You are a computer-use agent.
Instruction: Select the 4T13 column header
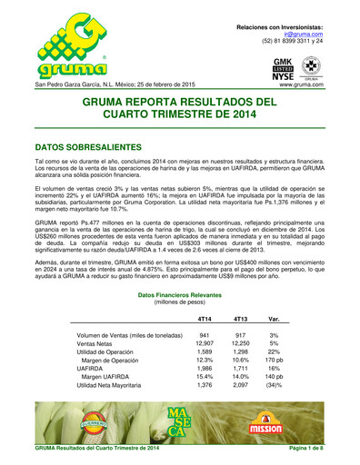pyautogui.click(x=240, y=293)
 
